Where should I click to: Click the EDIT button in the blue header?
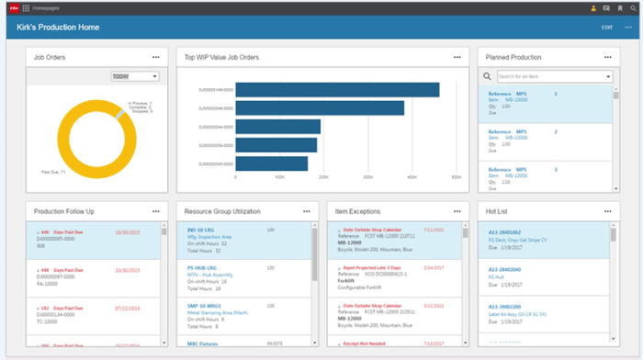pos(606,28)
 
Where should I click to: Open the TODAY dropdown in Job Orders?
pos(134,77)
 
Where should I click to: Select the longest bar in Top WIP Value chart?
pos(337,89)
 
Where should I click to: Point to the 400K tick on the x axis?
pos(368,176)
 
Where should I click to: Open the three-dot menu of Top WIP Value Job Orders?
pos(457,57)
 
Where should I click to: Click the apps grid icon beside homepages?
pos(26,7)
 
